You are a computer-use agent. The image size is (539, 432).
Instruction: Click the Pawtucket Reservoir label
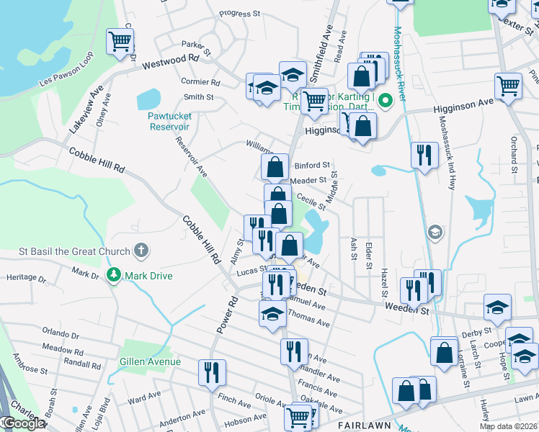pos(169,121)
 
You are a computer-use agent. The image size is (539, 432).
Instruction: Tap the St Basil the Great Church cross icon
pos(142,251)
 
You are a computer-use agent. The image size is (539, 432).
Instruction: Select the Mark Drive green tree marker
pos(113,274)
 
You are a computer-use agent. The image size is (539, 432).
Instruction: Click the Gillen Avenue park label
pos(150,361)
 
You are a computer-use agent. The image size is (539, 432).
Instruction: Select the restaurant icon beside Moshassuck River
pos(424,154)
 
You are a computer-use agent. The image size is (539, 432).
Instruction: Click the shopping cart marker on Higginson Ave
pos(509,86)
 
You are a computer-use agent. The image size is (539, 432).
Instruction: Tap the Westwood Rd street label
pos(170,64)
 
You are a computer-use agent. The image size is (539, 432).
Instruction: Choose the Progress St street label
pos(239,14)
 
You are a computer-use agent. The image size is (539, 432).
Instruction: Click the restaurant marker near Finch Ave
pos(211,372)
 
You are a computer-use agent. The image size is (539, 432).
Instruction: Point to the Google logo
pos(23,423)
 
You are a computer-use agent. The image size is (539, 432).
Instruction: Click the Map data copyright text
pos(508,426)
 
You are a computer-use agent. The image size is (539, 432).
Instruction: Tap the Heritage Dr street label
pos(26,277)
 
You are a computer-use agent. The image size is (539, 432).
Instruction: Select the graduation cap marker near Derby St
pos(497,307)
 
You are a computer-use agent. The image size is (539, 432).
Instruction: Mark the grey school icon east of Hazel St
pos(435,232)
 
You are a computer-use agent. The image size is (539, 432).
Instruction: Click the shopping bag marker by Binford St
pos(275,167)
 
